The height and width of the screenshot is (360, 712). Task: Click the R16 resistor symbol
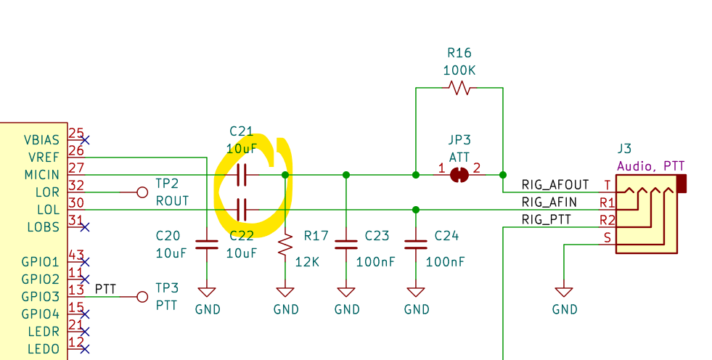click(459, 88)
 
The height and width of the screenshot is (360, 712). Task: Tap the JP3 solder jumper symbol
click(459, 175)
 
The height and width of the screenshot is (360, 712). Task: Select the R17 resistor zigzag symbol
click(285, 245)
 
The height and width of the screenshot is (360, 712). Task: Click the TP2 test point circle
click(142, 192)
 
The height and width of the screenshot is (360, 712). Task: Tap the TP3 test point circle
click(142, 297)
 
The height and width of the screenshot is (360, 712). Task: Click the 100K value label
click(459, 70)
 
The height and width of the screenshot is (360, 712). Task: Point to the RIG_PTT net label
click(546, 219)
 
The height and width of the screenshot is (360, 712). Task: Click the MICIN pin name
click(41, 175)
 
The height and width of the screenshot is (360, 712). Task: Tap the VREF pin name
click(43, 157)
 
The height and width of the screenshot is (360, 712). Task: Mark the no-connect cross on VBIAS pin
click(86, 139)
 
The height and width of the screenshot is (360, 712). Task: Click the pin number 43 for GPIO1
click(75, 255)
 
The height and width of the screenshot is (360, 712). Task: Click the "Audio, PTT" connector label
click(650, 166)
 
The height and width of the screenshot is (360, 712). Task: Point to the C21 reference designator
click(242, 131)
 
